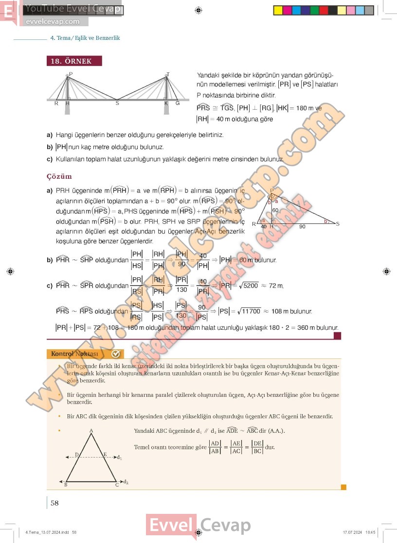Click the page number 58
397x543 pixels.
click(x=54, y=503)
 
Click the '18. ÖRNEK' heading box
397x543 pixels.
click(x=75, y=61)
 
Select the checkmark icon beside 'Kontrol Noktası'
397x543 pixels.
click(x=116, y=354)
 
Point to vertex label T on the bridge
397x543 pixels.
click(x=167, y=74)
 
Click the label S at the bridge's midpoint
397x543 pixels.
click(x=117, y=103)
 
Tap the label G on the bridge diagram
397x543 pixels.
click(x=178, y=103)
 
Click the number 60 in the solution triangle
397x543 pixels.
click(x=275, y=210)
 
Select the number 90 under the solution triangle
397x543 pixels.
click(x=302, y=227)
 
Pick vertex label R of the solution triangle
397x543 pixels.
click(x=253, y=224)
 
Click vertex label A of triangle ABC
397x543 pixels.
click(x=91, y=431)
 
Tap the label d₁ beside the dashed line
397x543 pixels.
click(x=119, y=457)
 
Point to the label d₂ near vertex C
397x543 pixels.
click(x=126, y=482)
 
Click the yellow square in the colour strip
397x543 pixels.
click(x=278, y=10)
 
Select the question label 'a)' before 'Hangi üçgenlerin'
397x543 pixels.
click(x=50, y=135)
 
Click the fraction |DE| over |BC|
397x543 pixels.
click(x=257, y=447)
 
